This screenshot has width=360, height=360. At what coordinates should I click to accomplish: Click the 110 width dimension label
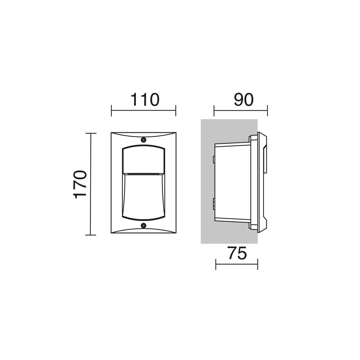(x=145, y=100)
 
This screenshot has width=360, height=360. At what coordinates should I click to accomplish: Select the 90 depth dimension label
(x=243, y=100)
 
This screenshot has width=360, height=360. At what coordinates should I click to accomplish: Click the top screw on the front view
(x=144, y=139)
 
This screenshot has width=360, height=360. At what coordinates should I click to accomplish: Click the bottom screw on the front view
(x=144, y=225)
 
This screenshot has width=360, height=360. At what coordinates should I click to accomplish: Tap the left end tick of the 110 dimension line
(x=111, y=110)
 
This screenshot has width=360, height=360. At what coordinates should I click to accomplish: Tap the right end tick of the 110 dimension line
(x=176, y=110)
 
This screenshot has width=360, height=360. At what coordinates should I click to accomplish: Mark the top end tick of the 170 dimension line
(x=91, y=133)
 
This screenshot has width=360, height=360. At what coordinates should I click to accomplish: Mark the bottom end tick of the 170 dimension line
(x=91, y=235)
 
